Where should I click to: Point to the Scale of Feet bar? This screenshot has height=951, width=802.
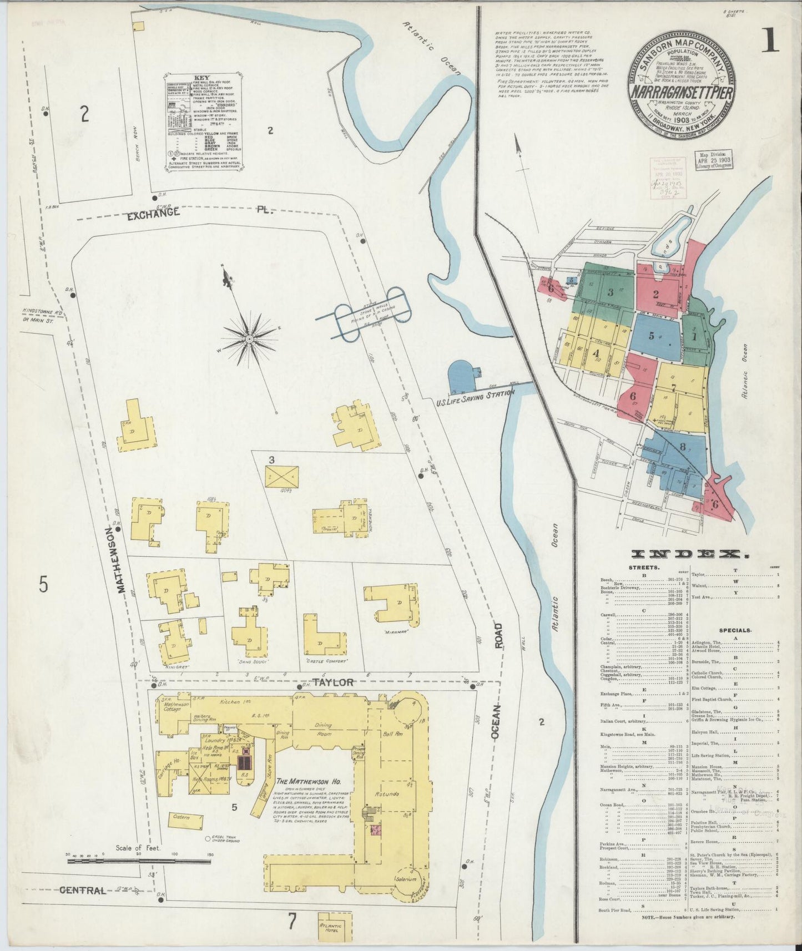coord(139,877)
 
